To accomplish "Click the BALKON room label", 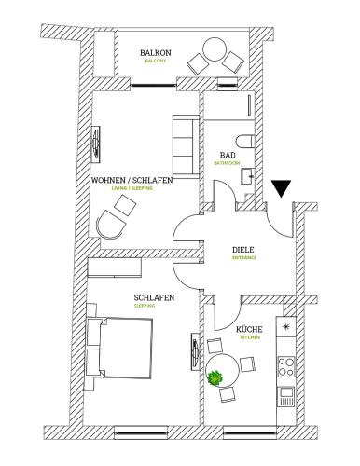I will coord(155,53).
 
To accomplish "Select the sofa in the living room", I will coord(183,138).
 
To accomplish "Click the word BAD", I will coord(228,155).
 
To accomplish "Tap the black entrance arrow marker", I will coord(282,189).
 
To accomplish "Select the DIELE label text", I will coord(244,249).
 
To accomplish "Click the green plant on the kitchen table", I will coord(216,378).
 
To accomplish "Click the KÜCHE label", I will coord(249,330).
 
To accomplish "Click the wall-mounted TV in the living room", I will coord(97,143).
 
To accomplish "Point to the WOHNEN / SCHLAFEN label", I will coord(132,180).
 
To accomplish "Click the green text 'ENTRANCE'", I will coord(244,258).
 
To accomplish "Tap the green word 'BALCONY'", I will coord(155,62).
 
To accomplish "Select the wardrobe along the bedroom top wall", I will coord(115,268).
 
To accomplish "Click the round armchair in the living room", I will coord(113,224).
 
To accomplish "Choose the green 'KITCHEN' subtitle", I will coord(249,338).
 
